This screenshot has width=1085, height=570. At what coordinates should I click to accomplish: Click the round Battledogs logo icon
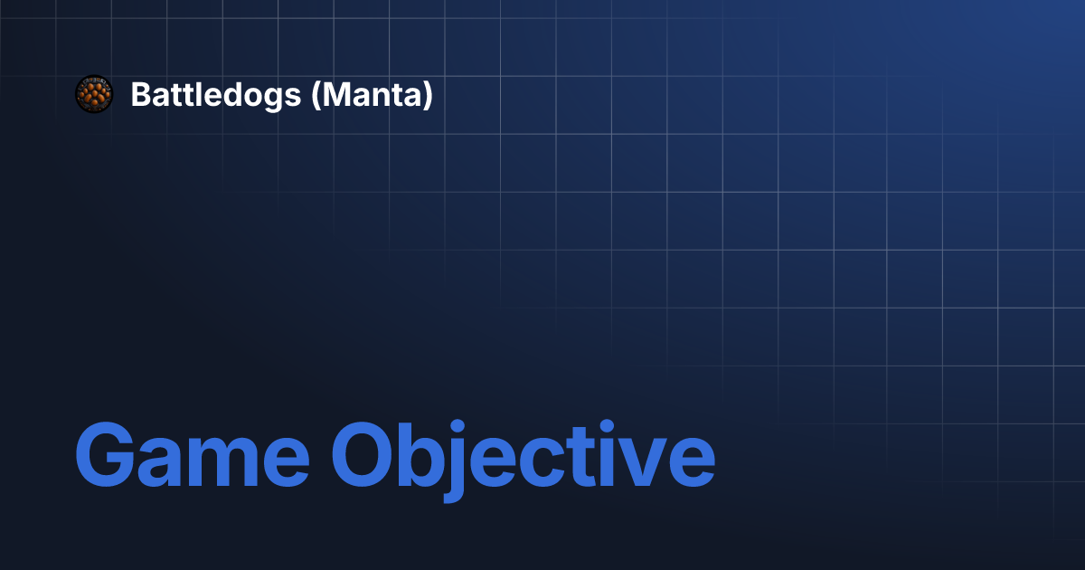point(93,94)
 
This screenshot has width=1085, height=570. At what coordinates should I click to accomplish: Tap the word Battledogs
point(215,95)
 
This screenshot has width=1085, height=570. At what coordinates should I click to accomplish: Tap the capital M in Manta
point(338,95)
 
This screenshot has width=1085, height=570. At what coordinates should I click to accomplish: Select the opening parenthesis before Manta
point(316,96)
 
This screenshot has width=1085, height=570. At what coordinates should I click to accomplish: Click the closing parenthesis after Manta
point(428,96)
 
